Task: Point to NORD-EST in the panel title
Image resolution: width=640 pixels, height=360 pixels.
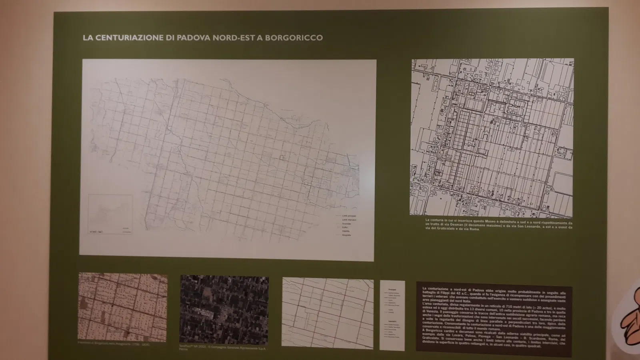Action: (x=234, y=38)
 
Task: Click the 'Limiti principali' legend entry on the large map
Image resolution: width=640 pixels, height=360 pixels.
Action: (x=349, y=216)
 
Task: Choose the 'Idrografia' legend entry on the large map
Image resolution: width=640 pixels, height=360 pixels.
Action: (x=346, y=235)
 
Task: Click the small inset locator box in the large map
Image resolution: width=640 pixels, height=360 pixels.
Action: (x=110, y=214)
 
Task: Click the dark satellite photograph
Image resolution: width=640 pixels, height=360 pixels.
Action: (x=224, y=310)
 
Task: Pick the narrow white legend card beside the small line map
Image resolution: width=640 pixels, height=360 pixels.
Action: (x=392, y=315)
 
